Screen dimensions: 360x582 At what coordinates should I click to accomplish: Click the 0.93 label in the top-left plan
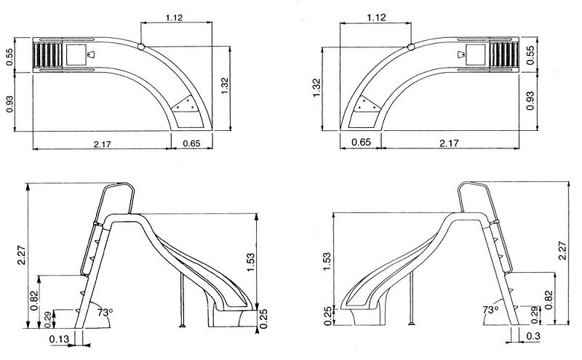(9, 103)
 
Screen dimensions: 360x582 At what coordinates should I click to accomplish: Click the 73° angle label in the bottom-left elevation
(105, 313)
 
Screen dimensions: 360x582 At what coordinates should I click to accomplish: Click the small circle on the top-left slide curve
(141, 47)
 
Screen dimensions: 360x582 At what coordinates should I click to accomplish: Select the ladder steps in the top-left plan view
(48, 55)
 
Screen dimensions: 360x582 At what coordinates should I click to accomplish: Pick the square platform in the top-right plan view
(476, 54)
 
